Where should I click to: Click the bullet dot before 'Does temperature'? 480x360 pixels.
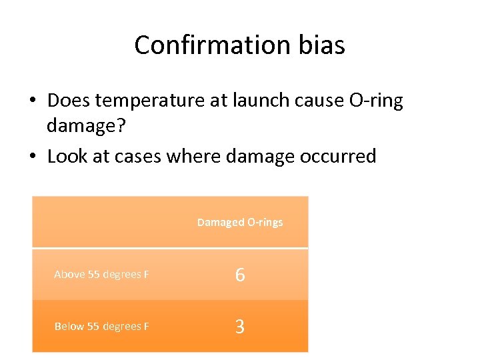(x=32, y=101)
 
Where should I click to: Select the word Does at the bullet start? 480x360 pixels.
(x=69, y=101)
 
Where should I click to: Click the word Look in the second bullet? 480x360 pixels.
(x=68, y=157)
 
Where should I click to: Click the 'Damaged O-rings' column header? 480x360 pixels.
(x=240, y=222)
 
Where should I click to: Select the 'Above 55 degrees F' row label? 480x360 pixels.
(x=101, y=275)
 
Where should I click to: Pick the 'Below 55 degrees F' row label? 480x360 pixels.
(x=101, y=326)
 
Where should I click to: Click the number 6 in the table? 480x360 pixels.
(x=240, y=275)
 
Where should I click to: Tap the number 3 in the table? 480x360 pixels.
(x=240, y=327)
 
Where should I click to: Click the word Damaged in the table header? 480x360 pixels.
(x=221, y=222)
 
